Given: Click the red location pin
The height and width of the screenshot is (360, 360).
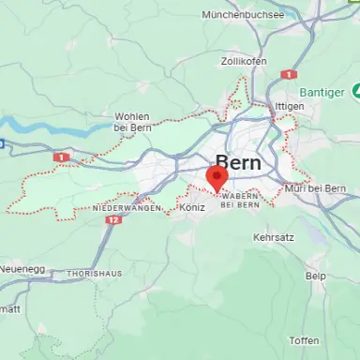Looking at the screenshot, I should pos(217,178).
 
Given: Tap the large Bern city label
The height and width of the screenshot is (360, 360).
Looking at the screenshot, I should pos(238,161).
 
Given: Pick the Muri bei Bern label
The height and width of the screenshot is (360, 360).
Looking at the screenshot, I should pos(313,189).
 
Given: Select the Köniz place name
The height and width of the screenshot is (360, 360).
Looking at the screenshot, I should pos(191,206).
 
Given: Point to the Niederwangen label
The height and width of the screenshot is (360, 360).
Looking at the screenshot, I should pos(126,207).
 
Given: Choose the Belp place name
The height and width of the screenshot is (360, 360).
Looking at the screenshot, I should pos(316,277).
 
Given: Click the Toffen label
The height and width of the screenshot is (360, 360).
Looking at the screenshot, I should pos(304,340).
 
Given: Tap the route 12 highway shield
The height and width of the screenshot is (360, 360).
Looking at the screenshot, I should pos(113,219).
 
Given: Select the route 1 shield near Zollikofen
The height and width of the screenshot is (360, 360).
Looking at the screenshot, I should pos(290,73).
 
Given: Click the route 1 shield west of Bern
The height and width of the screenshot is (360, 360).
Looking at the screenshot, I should pos(62,157).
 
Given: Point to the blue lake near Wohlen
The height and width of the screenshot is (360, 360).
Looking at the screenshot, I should pos(42,126).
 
